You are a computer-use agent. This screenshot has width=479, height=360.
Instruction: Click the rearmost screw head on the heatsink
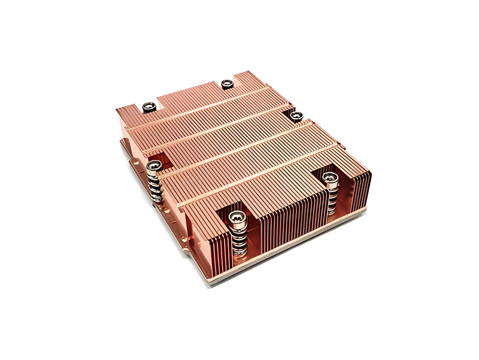pyautogui.click(x=227, y=83)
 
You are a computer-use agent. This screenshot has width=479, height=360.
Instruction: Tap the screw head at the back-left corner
pyautogui.click(x=148, y=107)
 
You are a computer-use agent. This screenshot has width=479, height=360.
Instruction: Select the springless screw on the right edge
pyautogui.click(x=296, y=115)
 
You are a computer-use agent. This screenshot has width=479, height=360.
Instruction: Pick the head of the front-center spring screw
pyautogui.click(x=237, y=219)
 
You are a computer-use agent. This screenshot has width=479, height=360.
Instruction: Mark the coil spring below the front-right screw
pyautogui.click(x=331, y=198)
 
